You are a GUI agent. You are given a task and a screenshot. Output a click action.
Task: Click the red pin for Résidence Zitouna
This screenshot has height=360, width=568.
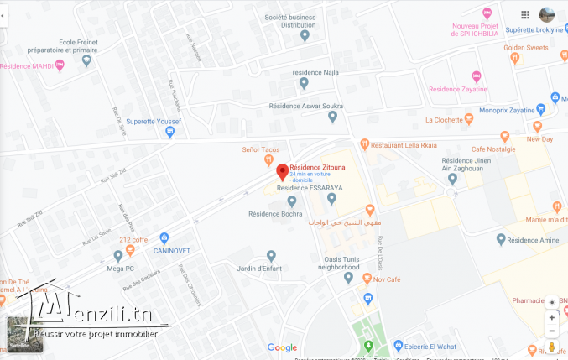pos(283,171)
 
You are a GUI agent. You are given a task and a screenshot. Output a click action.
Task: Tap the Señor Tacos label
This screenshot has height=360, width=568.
pos(260,149)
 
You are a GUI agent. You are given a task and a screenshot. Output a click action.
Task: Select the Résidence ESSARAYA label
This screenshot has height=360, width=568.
pos(293,188)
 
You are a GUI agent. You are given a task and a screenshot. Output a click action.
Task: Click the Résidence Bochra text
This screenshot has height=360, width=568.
pos(274,214)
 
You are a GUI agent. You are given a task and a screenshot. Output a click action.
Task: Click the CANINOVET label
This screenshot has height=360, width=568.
pos(174,250)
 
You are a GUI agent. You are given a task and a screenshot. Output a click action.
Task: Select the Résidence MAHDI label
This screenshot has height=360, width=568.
pos(27,65)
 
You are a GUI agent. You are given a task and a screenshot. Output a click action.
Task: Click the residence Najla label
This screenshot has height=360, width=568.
pos(314,72)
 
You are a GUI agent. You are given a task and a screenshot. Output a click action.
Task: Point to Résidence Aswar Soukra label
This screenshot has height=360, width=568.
pos(305,106)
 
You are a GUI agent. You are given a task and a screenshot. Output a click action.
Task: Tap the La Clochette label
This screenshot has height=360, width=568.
pos(445,120)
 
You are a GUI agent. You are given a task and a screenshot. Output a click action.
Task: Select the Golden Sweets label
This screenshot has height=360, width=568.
pos(526,48)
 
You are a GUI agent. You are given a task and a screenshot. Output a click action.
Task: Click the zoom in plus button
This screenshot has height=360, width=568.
pos(551,317)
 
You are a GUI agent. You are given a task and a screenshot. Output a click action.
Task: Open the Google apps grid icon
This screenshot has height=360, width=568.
pos(525,14)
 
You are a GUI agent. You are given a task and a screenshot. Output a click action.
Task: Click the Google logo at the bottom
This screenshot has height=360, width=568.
pos(282,347)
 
